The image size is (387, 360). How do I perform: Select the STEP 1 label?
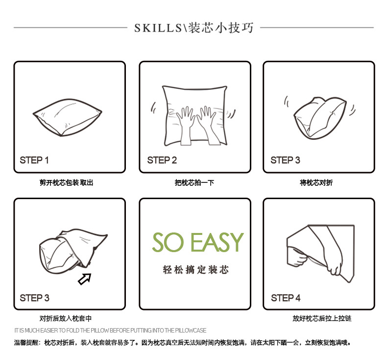[34, 160]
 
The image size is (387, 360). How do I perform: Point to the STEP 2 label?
[162, 160]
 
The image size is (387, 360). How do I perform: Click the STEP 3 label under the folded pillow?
[285, 160]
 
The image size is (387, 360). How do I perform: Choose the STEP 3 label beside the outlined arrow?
[34, 298]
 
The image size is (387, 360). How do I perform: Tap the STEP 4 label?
[286, 298]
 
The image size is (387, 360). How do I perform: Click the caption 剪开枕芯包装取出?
[66, 183]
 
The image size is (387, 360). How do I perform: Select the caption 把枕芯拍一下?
[194, 183]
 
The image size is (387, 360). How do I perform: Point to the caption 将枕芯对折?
[316, 183]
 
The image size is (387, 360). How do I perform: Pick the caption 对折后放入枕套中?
[66, 319]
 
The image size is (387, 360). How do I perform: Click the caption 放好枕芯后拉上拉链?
[322, 319]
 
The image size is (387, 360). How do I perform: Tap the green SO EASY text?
[197, 242]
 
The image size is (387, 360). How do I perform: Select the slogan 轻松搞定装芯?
[195, 270]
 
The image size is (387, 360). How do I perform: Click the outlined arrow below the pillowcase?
[85, 279]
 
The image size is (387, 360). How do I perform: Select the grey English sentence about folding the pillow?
[110, 331]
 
